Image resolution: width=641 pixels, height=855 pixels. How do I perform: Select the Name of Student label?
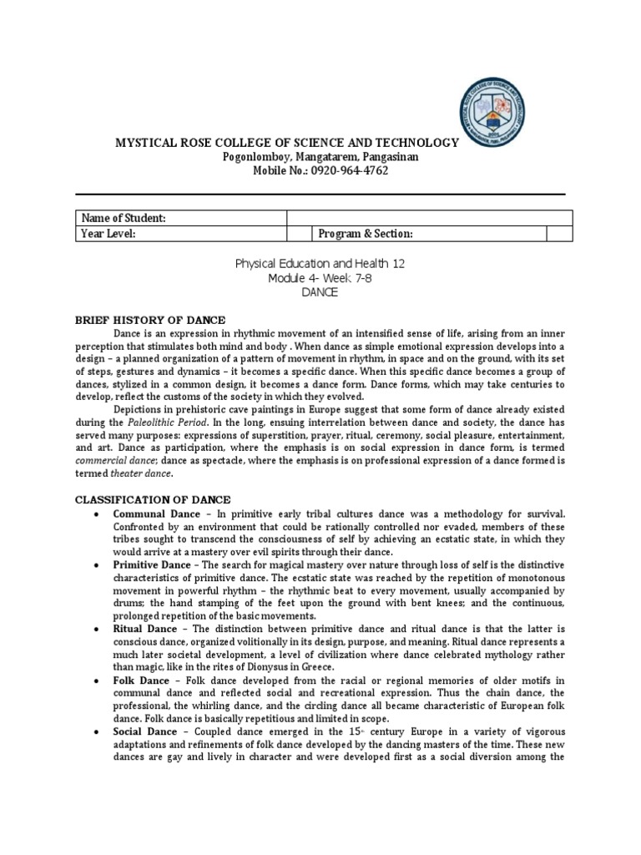(124, 218)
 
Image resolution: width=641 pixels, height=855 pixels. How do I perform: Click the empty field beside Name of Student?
(429, 218)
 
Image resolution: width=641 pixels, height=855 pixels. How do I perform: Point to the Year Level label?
(109, 234)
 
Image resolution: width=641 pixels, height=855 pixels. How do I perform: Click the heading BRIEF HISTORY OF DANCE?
(149, 321)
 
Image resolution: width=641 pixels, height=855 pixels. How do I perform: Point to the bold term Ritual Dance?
(144, 629)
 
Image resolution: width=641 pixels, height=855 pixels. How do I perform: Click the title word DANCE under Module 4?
(320, 293)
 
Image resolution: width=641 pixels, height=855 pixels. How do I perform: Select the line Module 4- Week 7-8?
(320, 279)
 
